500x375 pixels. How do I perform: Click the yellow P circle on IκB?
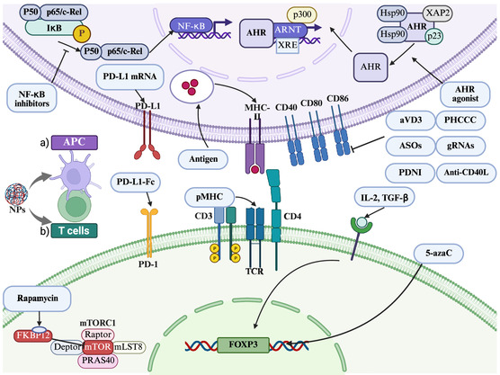coord(82,33)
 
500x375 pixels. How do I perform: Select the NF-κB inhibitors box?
coord(31,98)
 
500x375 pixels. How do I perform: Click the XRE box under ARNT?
coord(287,45)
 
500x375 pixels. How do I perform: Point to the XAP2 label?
coord(437,13)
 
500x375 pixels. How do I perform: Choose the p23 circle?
coord(434,36)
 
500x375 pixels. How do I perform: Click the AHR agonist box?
coord(465,94)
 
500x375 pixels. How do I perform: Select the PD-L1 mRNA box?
coord(129,76)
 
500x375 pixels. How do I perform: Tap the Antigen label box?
coord(203,159)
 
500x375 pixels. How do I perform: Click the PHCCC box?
coord(460,120)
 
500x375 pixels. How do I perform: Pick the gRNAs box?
coord(460,146)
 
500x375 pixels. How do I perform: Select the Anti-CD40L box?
coord(466,173)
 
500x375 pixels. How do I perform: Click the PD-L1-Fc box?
coord(136,182)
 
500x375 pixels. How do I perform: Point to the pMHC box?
coord(210,197)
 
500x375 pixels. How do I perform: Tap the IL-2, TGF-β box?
coord(385,198)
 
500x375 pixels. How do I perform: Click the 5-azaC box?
coord(439,254)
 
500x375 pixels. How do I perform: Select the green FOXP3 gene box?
coord(244,345)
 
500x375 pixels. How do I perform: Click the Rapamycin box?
coord(37,299)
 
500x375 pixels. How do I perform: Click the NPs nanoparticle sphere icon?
coord(16,194)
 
